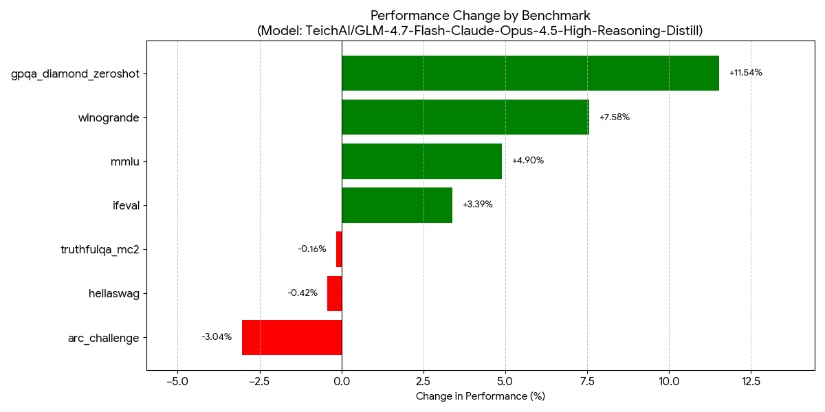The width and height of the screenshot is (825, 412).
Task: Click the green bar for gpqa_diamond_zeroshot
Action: click(x=530, y=73)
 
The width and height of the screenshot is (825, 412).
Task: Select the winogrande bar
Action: click(x=465, y=117)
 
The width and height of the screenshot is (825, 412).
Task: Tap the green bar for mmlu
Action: click(x=421, y=161)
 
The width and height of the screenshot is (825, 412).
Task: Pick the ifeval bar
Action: click(x=397, y=205)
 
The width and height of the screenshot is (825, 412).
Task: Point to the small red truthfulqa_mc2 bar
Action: click(x=339, y=249)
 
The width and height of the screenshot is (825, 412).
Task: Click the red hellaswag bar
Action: click(x=334, y=293)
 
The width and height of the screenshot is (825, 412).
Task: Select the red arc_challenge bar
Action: click(x=291, y=337)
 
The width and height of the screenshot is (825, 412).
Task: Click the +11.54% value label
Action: click(x=745, y=73)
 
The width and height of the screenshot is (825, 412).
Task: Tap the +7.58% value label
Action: click(x=614, y=117)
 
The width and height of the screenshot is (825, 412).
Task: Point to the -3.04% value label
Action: click(x=217, y=337)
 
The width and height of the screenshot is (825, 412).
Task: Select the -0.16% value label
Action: click(x=311, y=249)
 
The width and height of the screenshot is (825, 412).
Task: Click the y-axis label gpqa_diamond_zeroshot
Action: click(x=75, y=74)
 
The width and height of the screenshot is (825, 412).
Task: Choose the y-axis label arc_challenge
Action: click(x=103, y=338)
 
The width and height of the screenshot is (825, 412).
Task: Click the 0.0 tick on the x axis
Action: click(x=342, y=381)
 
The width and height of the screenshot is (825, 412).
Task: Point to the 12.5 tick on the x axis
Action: click(x=751, y=381)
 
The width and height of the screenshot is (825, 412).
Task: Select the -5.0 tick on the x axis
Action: click(x=177, y=381)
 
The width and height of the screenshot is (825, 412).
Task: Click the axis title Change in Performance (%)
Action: click(x=480, y=396)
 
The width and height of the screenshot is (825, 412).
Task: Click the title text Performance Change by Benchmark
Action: click(x=480, y=15)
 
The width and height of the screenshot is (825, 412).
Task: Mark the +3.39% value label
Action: click(x=477, y=205)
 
